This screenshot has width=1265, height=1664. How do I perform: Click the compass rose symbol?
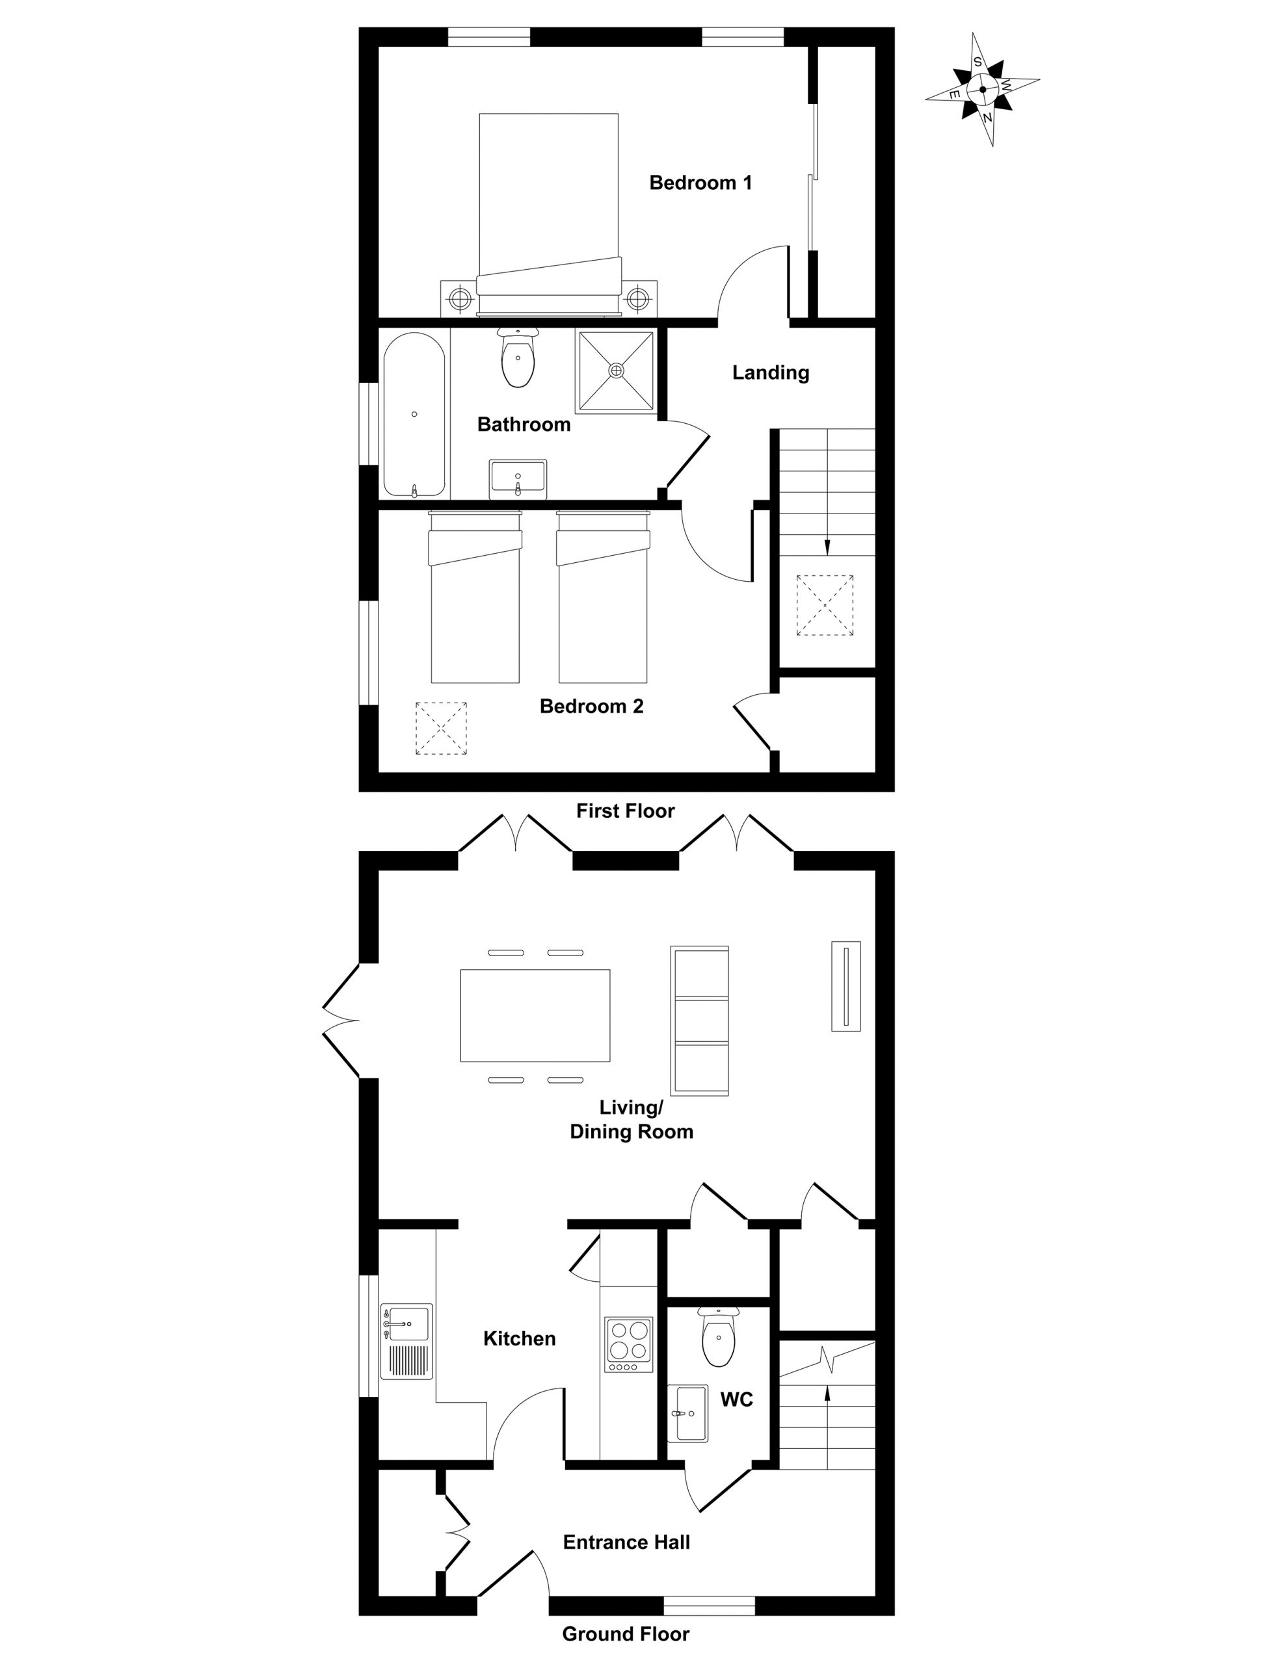(x=983, y=90)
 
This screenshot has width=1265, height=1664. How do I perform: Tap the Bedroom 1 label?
(x=700, y=183)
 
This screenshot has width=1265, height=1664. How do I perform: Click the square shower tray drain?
(x=617, y=370)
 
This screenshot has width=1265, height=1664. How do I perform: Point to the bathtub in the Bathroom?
(x=414, y=415)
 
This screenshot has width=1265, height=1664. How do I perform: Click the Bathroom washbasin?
(x=518, y=478)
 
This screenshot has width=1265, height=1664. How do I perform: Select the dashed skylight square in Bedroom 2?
(x=441, y=728)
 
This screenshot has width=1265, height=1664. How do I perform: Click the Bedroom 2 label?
(x=592, y=707)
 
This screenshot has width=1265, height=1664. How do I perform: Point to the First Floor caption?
(x=626, y=811)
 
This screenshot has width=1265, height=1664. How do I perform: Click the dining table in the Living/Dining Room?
(x=535, y=1015)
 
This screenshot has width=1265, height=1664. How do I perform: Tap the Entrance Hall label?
(x=626, y=1542)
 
